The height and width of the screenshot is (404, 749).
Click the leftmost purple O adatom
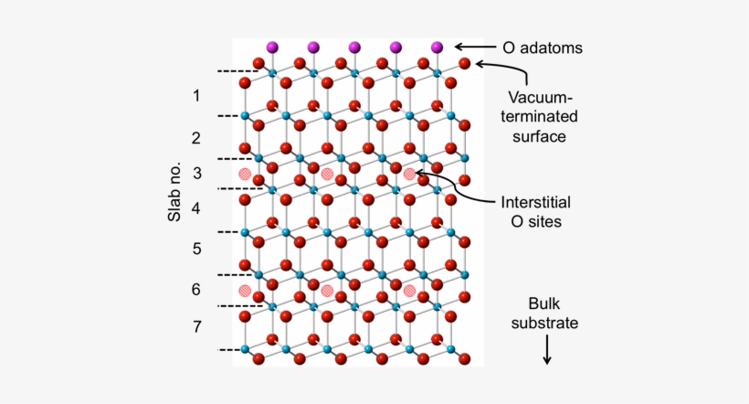point(272,47)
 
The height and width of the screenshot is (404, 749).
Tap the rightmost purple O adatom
point(437,47)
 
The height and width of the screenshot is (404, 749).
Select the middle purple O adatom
point(354,47)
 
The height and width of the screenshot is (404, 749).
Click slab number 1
point(196,96)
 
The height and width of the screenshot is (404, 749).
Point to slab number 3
point(197,173)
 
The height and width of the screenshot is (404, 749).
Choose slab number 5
point(196,249)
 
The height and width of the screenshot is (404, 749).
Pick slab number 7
point(197,326)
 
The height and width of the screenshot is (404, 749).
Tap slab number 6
point(196,289)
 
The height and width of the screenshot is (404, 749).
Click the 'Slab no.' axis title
point(174,192)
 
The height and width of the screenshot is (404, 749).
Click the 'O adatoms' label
point(543,48)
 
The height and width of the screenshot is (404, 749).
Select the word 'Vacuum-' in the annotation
point(540,97)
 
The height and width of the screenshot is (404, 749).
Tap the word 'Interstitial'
point(535,202)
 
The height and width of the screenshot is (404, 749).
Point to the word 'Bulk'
point(544,303)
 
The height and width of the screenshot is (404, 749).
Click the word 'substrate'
point(544,324)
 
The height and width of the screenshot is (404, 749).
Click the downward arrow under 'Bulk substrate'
point(547,349)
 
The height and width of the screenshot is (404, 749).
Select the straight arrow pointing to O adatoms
point(475,47)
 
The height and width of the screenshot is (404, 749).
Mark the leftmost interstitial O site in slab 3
point(245,174)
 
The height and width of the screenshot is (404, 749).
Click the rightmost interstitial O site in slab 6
point(409,291)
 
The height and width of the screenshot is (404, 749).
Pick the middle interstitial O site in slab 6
point(327,291)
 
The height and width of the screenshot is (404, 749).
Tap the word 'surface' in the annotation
point(539,136)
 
